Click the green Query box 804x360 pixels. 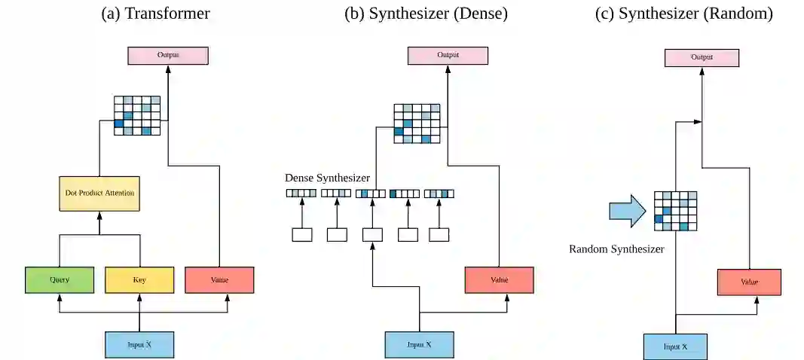coord(60,280)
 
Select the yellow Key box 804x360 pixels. coord(139,280)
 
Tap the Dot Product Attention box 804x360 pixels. coord(99,194)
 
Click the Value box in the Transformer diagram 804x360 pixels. coord(219,280)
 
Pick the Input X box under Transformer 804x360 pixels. coord(139,345)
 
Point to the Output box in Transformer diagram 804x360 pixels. coord(168,56)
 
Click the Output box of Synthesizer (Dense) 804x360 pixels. coord(448,56)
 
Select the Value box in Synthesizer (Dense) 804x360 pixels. coord(500,280)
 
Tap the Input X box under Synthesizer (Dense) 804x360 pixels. coord(420,345)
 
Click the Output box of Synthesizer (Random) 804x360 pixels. coord(702,58)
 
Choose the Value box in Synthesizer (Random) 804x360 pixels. coord(750,282)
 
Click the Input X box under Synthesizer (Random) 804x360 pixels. coord(676,346)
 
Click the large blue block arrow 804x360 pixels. coord(628,210)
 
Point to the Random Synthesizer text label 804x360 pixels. coord(617,250)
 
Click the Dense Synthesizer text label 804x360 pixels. coord(328,178)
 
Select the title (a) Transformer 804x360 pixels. coord(156,14)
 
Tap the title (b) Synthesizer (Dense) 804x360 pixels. coord(426,14)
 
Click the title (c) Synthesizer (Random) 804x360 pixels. coord(684,14)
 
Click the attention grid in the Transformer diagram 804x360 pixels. coord(137,115)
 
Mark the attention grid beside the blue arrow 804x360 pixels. coord(676,211)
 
